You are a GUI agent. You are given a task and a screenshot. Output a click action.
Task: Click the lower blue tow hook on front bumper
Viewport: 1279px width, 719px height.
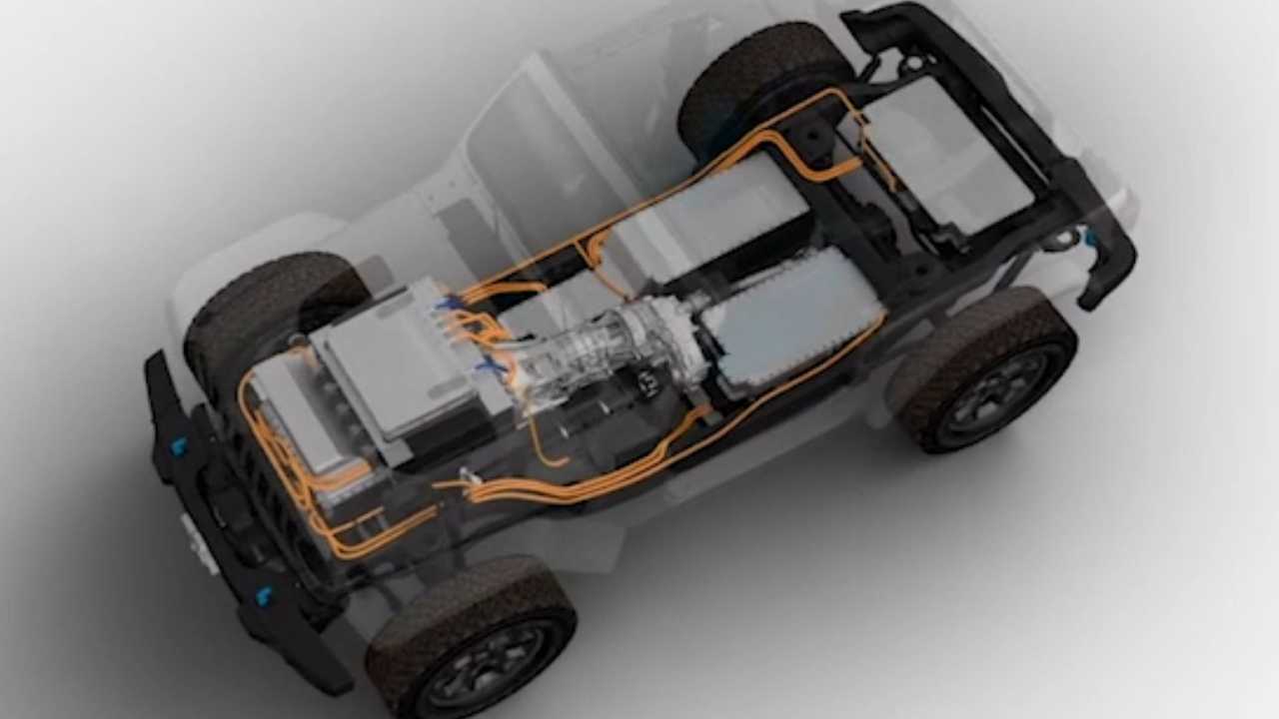(264, 596)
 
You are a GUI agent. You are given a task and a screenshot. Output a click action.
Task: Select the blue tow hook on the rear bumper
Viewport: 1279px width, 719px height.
(1088, 238)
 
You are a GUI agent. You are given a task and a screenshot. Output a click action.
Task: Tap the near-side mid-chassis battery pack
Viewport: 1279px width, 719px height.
(789, 315)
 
